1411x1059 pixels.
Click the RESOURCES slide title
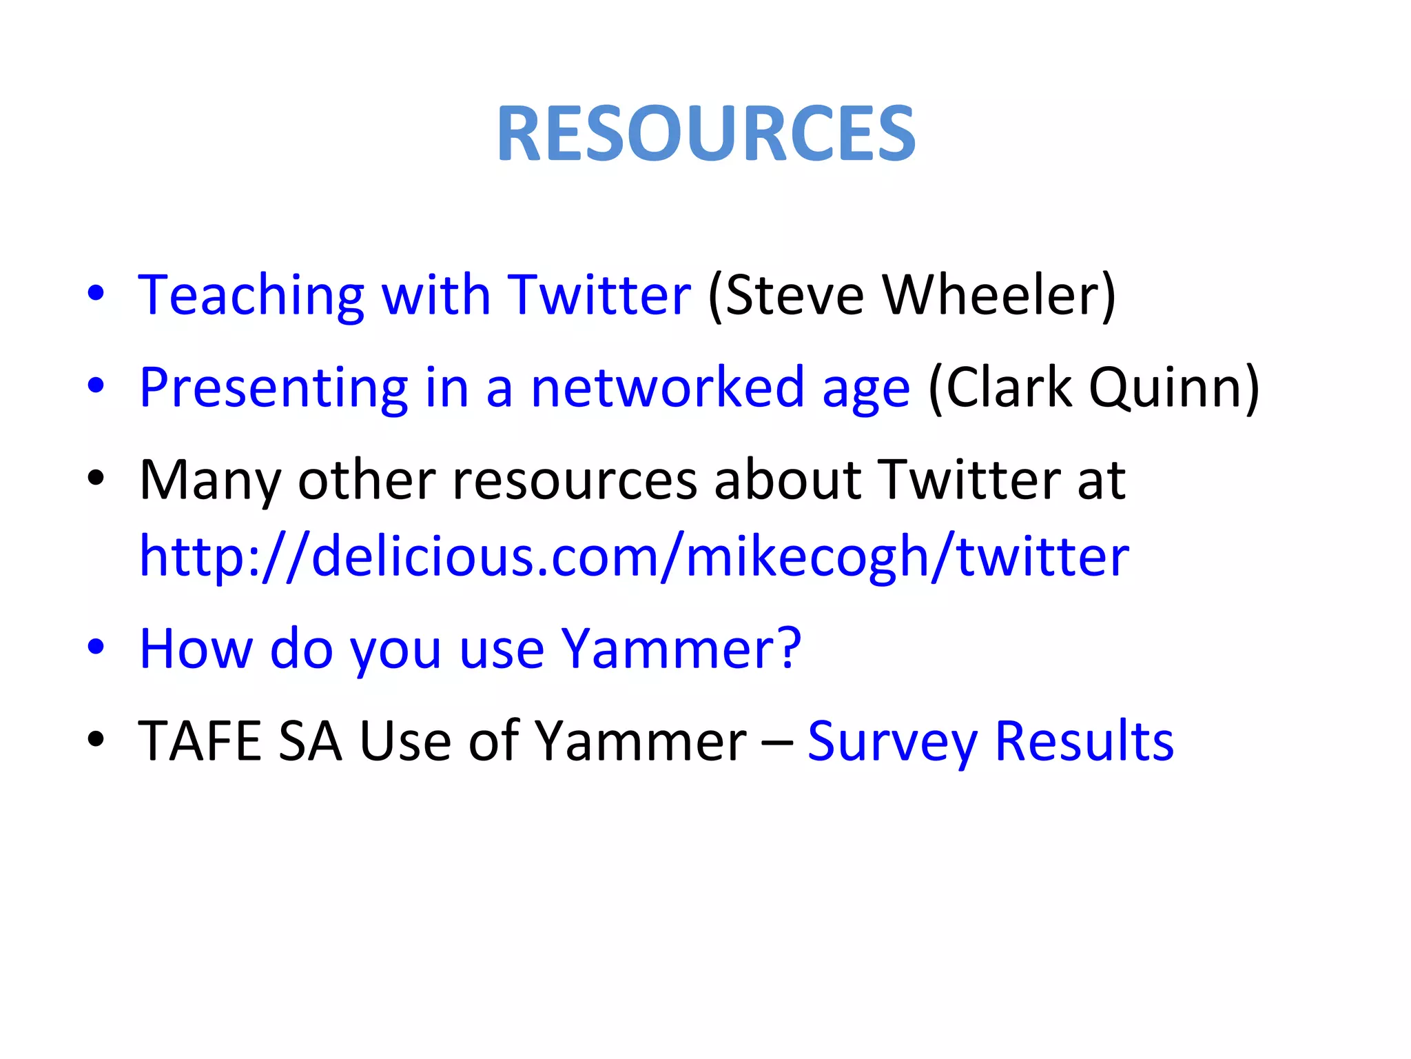705,133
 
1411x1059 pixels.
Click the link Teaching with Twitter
414,295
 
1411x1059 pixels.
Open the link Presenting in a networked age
524,387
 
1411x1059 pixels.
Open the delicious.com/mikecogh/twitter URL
634,556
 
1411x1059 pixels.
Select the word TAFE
200,741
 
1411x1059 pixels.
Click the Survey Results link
990,741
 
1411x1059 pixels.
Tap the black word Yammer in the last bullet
641,741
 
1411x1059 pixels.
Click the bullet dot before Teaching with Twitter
96,293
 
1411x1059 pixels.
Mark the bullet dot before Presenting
96,385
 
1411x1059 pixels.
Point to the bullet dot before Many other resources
96,478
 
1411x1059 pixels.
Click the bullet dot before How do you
96,647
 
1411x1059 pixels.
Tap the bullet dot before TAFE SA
96,739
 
